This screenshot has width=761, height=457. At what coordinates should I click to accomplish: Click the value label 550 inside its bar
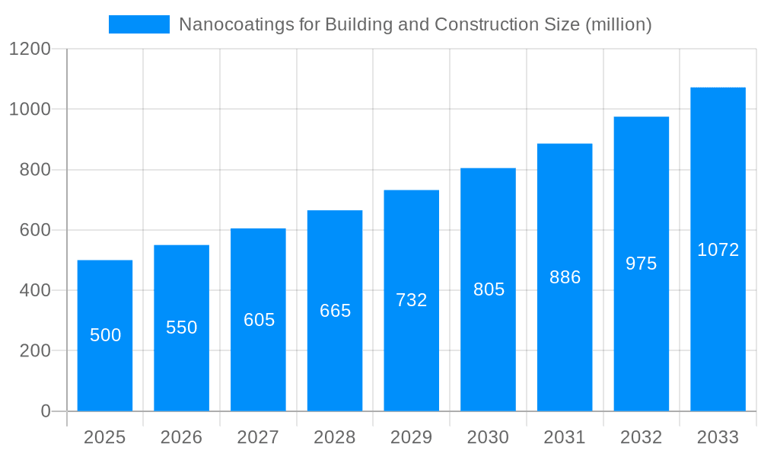click(x=182, y=328)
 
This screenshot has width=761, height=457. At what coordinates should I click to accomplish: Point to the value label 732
click(x=412, y=300)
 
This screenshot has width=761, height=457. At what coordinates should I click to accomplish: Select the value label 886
click(x=565, y=277)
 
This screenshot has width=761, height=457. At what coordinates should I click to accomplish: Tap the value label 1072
click(x=718, y=250)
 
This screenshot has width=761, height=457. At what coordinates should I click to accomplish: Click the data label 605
click(x=259, y=320)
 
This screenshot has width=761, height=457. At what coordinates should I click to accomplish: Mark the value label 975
click(x=641, y=264)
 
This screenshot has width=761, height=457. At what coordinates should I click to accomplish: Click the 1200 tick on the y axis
click(x=30, y=50)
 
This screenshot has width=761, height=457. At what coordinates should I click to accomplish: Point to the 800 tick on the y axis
click(x=35, y=170)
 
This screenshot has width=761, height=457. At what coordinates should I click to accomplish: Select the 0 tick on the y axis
click(x=45, y=411)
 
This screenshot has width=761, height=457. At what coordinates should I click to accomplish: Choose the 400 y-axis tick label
click(x=35, y=290)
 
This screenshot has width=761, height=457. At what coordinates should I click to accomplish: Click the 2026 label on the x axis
click(x=182, y=437)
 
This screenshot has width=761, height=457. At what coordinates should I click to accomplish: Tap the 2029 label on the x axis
click(x=412, y=437)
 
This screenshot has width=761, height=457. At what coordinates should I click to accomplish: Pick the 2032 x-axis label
click(x=641, y=437)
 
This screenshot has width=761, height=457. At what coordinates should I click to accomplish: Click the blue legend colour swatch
click(x=139, y=24)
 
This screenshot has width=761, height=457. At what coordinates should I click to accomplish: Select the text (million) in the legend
click(x=618, y=24)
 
